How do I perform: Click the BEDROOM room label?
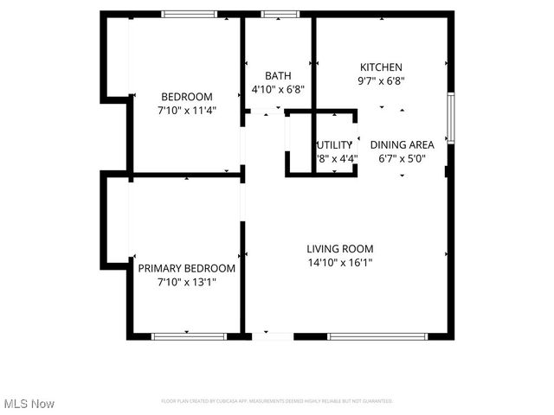click(x=186, y=96)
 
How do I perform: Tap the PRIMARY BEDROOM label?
click(x=186, y=268)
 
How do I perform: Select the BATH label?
click(x=277, y=75)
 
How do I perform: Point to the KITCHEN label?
click(x=381, y=67)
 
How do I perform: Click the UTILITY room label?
click(x=335, y=144)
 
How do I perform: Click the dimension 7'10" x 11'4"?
click(x=186, y=110)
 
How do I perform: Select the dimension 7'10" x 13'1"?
click(x=186, y=282)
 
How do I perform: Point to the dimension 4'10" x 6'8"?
click(x=277, y=88)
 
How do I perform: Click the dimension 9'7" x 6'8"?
click(x=381, y=81)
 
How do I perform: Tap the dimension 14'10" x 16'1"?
click(x=339, y=263)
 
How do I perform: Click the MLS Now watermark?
click(x=29, y=404)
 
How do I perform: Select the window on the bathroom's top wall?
click(x=277, y=14)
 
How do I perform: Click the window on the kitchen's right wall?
click(x=449, y=118)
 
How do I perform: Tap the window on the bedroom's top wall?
click(x=190, y=14)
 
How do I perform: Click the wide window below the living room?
click(x=368, y=335)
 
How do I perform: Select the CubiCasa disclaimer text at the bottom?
click(x=277, y=401)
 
